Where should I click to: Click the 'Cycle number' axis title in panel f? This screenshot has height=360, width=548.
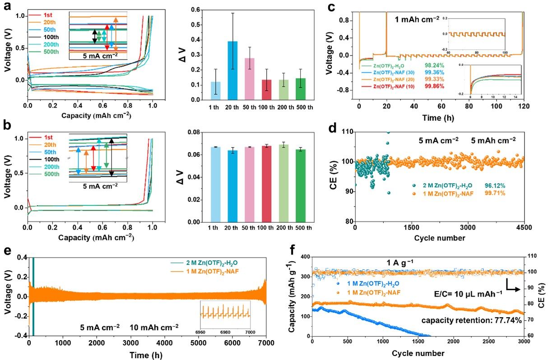coord(418,353)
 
